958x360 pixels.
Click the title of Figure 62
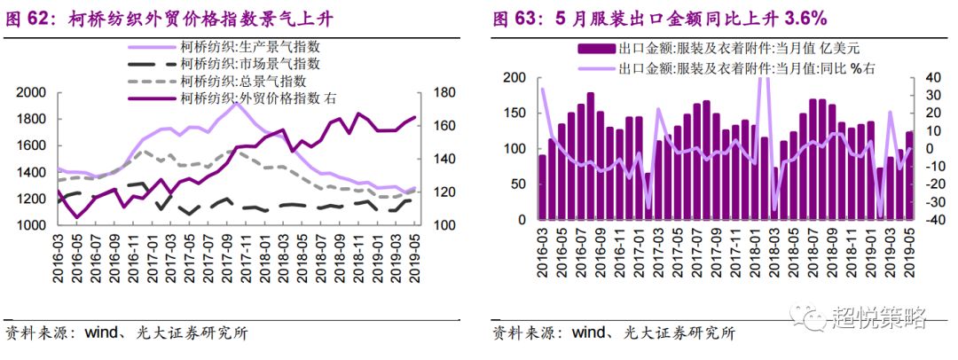(177, 18)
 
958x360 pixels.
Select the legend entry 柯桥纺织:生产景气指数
(244, 47)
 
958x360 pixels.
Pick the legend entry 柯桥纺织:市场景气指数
(244, 64)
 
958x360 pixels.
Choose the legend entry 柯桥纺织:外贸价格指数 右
(256, 98)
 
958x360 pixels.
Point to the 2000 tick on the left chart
(31, 93)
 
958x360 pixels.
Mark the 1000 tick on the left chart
(31, 226)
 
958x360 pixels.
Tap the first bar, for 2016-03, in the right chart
(542, 187)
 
